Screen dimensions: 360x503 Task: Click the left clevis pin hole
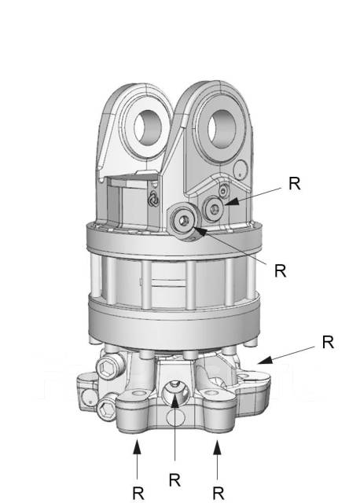(x=147, y=126)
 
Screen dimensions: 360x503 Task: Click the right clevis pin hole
(x=222, y=129)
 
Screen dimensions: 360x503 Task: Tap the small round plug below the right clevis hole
(x=240, y=169)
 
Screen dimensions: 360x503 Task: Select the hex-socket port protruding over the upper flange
(x=184, y=221)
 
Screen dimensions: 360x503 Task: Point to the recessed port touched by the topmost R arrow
(x=214, y=209)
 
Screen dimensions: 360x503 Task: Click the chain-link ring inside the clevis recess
(x=153, y=200)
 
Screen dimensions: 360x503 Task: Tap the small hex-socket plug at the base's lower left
(x=106, y=409)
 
